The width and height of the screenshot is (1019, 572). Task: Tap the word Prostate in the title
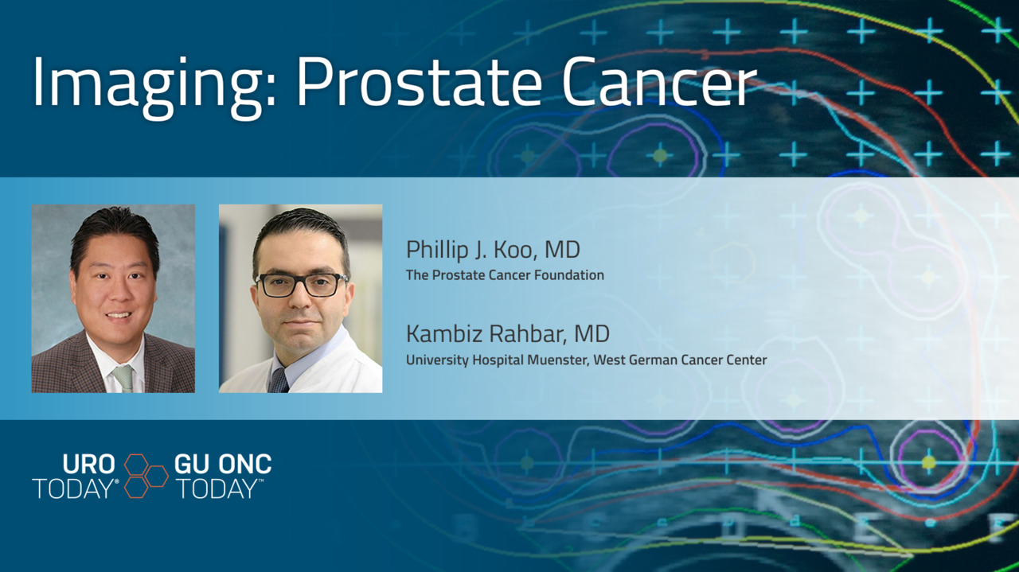click(419, 81)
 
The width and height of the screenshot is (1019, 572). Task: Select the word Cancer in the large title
click(659, 81)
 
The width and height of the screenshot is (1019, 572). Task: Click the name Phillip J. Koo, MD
click(493, 250)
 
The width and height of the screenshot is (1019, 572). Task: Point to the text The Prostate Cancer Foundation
click(505, 275)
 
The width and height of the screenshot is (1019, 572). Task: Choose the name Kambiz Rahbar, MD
click(508, 334)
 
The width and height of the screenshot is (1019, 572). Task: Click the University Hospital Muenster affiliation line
click(587, 360)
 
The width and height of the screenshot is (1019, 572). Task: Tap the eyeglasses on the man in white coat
click(301, 284)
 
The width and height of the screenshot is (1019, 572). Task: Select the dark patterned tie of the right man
click(279, 381)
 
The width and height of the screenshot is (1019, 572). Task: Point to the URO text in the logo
click(88, 465)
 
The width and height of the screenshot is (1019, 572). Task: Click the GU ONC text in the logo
click(223, 465)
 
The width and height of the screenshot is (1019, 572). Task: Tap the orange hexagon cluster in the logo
click(146, 476)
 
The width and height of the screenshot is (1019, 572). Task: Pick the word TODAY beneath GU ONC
click(217, 489)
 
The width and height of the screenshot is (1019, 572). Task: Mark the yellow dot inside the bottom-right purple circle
click(928, 462)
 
